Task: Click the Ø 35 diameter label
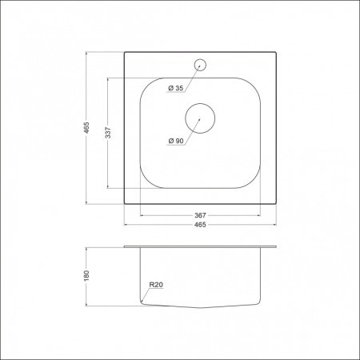[176, 88]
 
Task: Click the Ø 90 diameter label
[176, 141]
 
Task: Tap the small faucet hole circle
[200, 65]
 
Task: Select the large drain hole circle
[200, 103]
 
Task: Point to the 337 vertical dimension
[108, 133]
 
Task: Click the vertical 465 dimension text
[87, 128]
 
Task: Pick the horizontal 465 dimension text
[200, 225]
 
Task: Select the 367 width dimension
[200, 215]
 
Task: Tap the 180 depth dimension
[86, 276]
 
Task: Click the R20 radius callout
[156, 285]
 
